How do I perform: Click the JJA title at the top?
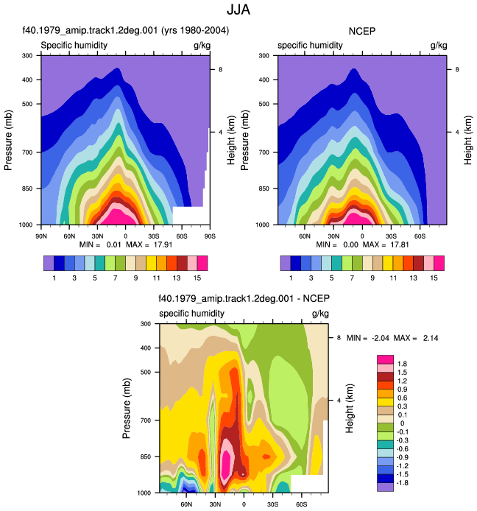point(239,10)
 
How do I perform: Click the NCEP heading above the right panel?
point(362,31)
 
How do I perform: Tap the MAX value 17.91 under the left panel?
point(163,244)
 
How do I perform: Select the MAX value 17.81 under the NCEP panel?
point(400,244)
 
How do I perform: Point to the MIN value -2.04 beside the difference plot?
point(381,338)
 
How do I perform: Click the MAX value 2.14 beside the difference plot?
point(431,338)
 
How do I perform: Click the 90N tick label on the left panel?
point(41,236)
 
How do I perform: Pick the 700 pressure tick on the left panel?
point(27,152)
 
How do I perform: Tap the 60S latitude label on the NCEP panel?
point(420,236)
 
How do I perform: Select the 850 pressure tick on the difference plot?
point(146,457)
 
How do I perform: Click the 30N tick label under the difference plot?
point(215,504)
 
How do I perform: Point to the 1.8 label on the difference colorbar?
point(402,364)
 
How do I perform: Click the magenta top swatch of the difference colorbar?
point(385,359)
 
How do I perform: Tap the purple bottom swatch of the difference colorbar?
point(385,487)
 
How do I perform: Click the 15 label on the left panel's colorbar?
point(197,278)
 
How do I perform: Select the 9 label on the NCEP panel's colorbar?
point(372,278)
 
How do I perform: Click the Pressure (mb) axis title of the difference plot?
point(127,408)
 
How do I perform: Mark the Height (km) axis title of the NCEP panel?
point(468,140)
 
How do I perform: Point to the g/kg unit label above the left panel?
point(202,46)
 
